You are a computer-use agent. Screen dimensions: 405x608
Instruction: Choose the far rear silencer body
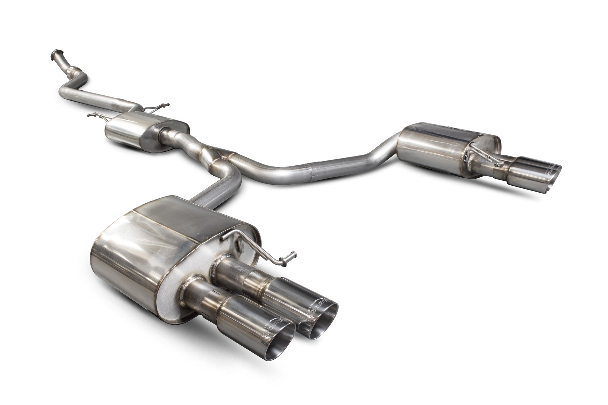click(x=432, y=152)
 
